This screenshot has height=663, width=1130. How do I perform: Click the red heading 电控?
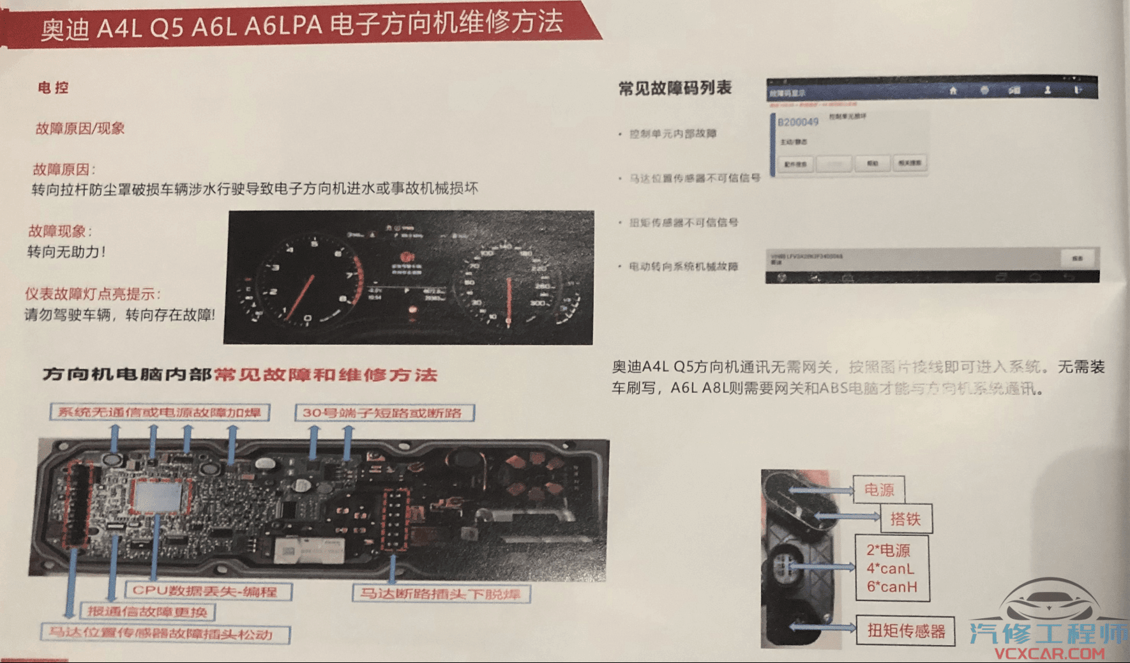click(x=53, y=88)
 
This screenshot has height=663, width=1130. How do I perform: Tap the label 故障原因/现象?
click(x=80, y=128)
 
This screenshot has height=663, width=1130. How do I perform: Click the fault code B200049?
click(x=798, y=122)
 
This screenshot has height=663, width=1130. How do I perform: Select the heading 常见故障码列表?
click(x=675, y=88)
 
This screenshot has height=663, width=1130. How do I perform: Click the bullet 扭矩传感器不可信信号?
click(x=684, y=222)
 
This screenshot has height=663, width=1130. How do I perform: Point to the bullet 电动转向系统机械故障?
click(x=684, y=266)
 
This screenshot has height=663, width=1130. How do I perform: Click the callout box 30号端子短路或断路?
click(x=384, y=413)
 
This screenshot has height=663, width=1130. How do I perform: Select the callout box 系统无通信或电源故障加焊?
click(x=160, y=413)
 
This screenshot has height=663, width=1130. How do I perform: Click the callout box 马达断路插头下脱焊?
click(x=441, y=594)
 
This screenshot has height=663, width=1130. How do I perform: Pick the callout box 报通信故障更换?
click(x=147, y=612)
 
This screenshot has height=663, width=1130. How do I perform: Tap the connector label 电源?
click(x=879, y=490)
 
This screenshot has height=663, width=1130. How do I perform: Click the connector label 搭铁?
click(x=905, y=519)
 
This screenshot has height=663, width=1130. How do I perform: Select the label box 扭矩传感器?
click(x=906, y=632)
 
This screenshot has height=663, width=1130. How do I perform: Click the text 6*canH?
click(x=892, y=587)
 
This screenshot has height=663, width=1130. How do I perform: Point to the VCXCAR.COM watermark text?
click(x=1049, y=653)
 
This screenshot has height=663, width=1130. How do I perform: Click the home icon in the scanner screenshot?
click(x=953, y=91)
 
